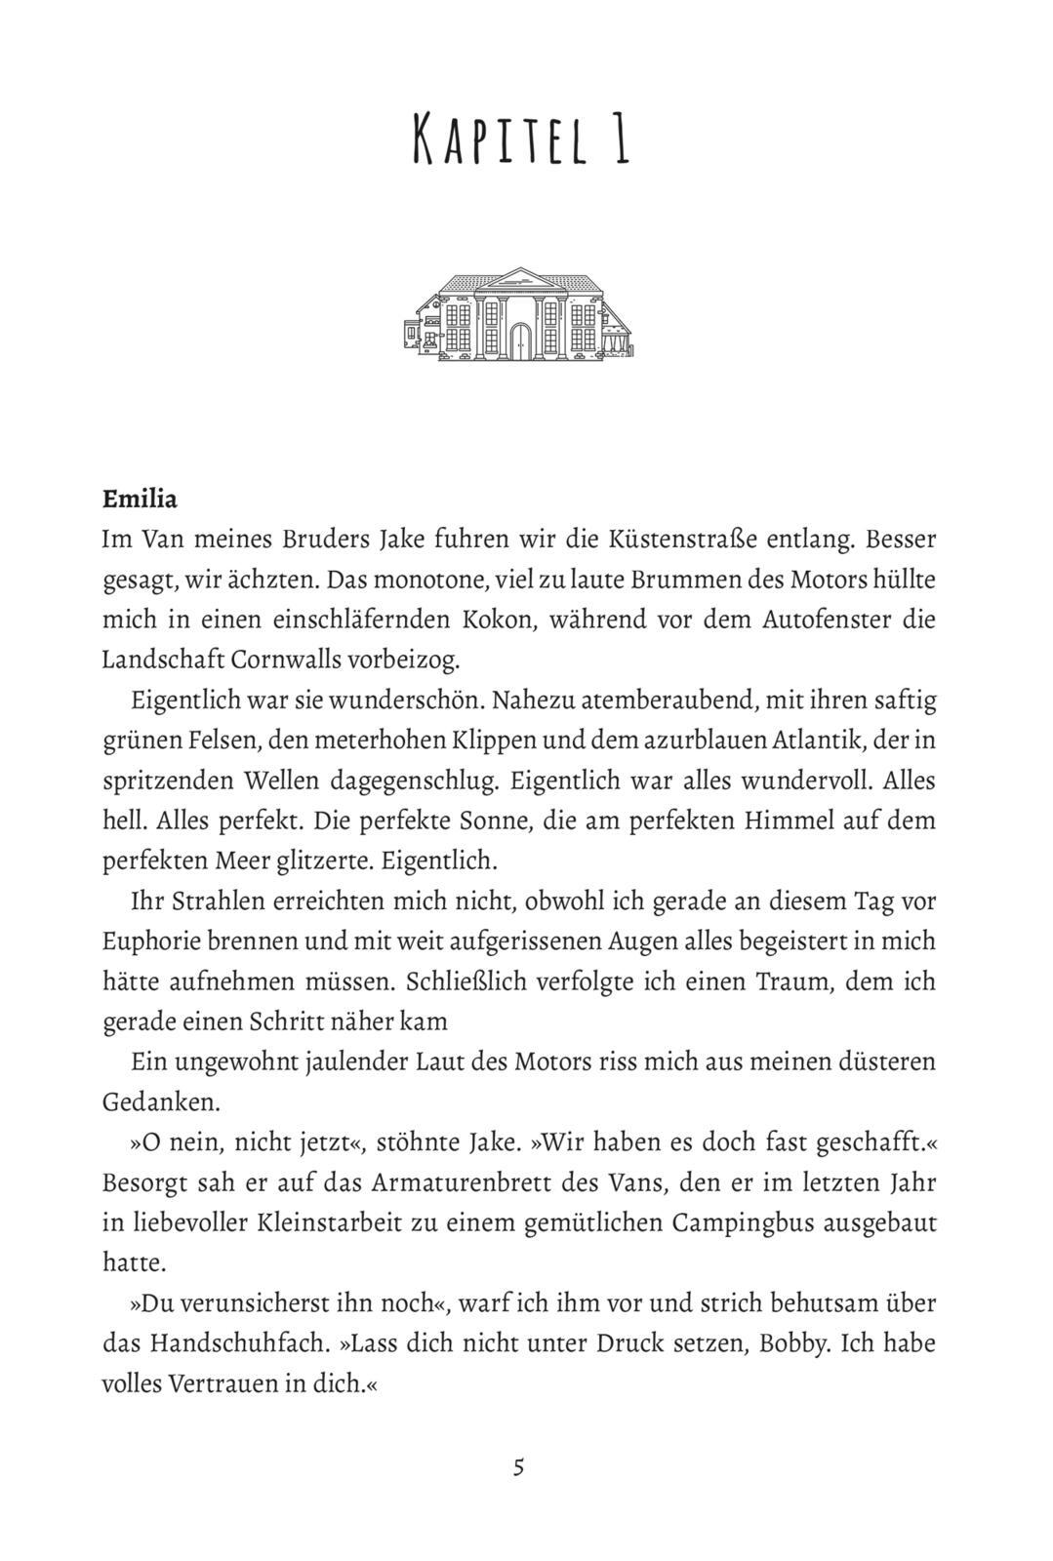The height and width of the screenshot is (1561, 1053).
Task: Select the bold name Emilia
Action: coord(140,500)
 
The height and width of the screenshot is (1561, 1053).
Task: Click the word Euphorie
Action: coord(149,941)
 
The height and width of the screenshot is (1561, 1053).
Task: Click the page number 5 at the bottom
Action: coord(518,1466)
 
